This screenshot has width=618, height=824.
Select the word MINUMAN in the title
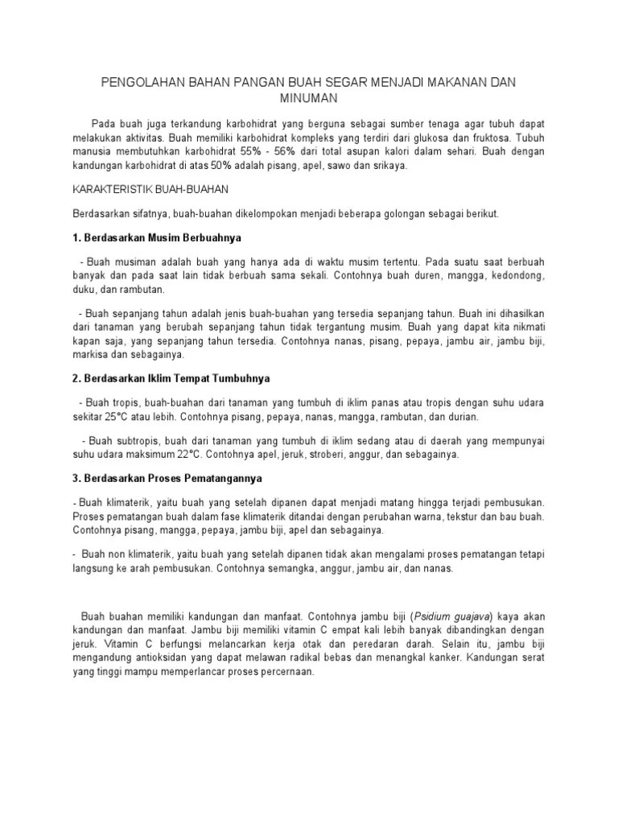click(309, 97)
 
